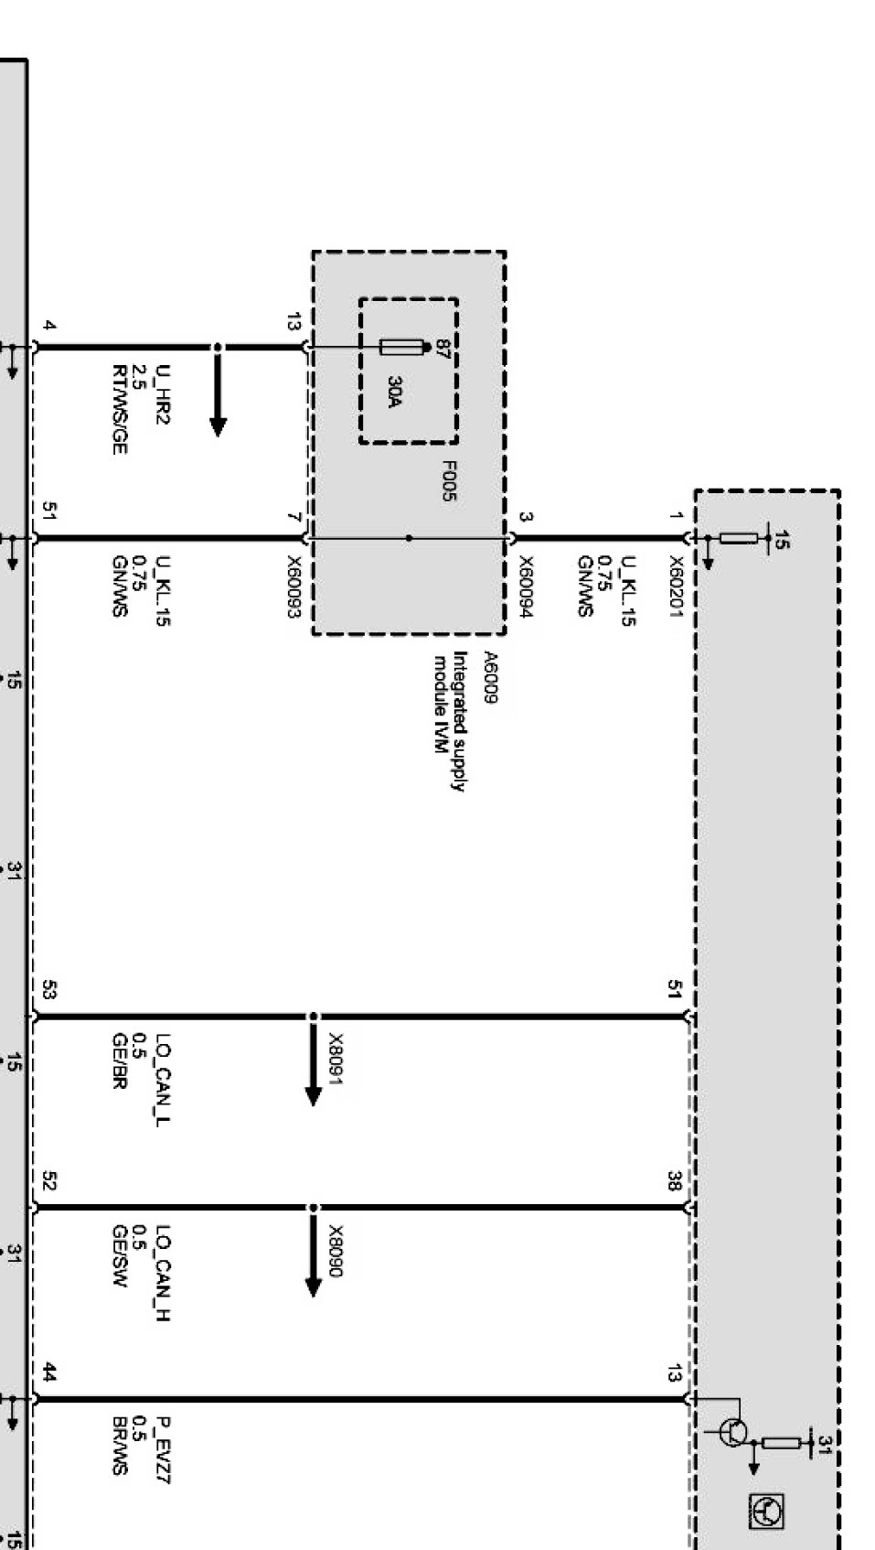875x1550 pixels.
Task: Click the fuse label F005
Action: click(448, 481)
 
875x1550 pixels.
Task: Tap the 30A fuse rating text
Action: click(394, 392)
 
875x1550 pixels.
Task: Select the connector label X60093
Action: click(294, 587)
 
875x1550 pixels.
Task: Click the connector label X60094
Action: click(526, 587)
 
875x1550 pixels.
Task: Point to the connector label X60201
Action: click(676, 587)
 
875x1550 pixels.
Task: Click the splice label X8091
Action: click(336, 1060)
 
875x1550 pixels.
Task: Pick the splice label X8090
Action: click(336, 1251)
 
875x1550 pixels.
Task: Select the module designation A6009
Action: click(490, 677)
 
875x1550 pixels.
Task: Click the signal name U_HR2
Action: click(163, 393)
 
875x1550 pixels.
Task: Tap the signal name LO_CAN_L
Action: click(163, 1081)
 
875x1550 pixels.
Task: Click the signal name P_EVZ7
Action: click(163, 1449)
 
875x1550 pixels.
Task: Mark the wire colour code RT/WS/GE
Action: click(119, 409)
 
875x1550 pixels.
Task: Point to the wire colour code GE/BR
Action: click(119, 1060)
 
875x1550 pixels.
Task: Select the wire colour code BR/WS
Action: click(119, 1446)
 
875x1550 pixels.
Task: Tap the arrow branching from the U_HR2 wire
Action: click(218, 391)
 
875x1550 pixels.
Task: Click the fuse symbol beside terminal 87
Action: click(401, 347)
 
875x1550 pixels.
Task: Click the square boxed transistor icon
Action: click(766, 1512)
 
